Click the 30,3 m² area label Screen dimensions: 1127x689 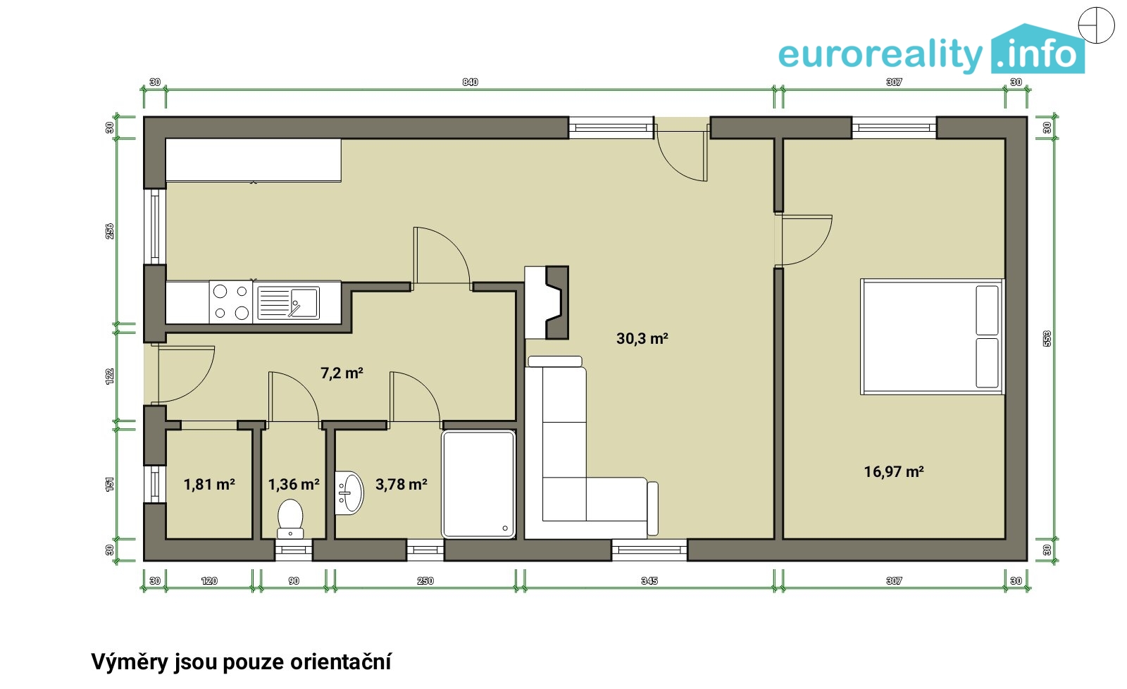click(642, 339)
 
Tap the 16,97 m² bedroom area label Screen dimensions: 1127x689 click(894, 471)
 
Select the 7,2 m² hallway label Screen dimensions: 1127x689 click(342, 373)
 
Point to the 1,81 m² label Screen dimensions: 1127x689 click(208, 485)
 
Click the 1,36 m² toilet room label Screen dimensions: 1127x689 click(293, 485)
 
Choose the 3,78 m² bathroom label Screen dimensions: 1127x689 click(401, 484)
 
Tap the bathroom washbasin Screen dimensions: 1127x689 click(349, 493)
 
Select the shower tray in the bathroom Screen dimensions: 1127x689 click(478, 484)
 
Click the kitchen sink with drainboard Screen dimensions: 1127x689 click(288, 303)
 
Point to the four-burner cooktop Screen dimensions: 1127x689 click(231, 302)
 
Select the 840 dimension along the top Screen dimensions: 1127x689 click(470, 82)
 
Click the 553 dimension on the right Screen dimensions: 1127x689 click(1047, 338)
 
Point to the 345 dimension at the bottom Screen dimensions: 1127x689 click(649, 581)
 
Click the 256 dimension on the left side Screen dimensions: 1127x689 click(110, 231)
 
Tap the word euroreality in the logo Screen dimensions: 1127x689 click(880, 54)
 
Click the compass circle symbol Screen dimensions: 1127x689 click(1097, 25)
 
